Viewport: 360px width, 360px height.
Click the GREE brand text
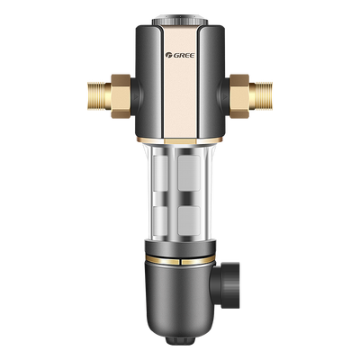point(184,56)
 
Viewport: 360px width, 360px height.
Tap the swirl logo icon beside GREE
point(168,55)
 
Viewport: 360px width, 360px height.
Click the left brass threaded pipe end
point(98,96)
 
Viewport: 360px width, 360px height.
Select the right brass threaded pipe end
point(261,96)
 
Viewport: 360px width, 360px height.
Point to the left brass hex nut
point(121,96)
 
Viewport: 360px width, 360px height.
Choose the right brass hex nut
point(239,96)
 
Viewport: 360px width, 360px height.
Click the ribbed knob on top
point(180,21)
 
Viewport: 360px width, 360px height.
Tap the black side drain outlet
point(227,285)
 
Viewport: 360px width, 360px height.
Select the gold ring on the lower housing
point(180,260)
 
